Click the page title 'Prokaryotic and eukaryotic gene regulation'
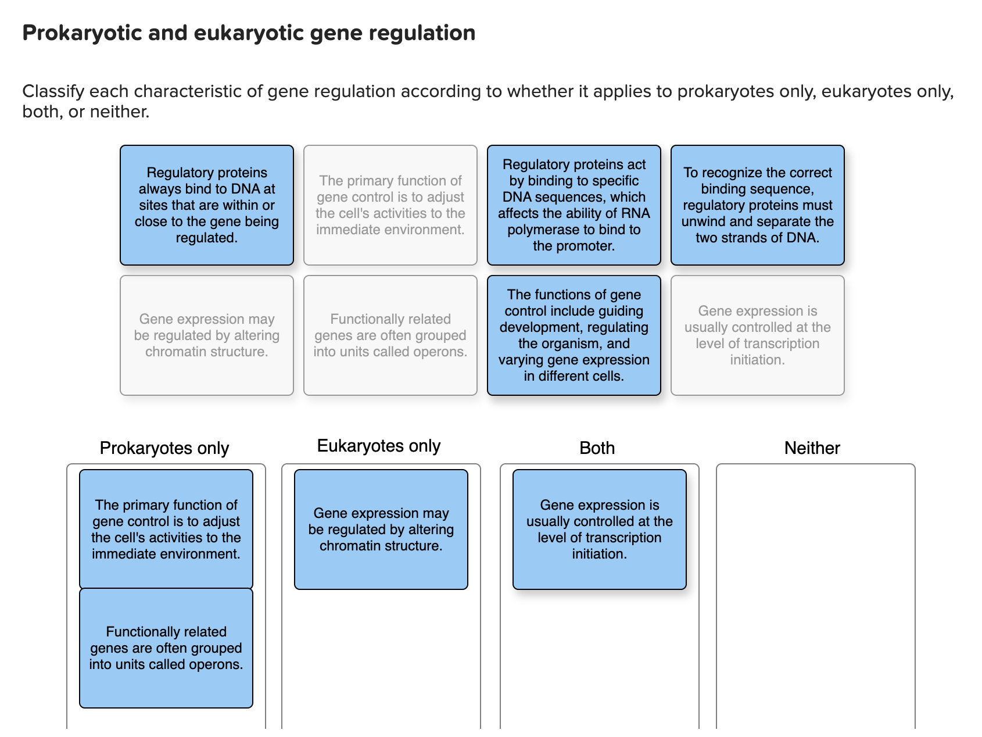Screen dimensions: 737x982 click(249, 33)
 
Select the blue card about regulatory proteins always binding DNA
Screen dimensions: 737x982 click(207, 205)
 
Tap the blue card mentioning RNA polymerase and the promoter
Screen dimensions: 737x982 click(574, 205)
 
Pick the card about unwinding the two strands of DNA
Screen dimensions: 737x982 click(757, 205)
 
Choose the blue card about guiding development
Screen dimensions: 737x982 click(574, 335)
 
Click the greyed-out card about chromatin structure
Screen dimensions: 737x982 click(207, 335)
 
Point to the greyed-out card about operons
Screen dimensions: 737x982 click(390, 335)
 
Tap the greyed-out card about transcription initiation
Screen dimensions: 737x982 click(757, 335)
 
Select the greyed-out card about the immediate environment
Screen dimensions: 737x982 click(390, 205)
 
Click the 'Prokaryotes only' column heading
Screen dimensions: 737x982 click(164, 448)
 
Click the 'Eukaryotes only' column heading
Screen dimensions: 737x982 click(379, 446)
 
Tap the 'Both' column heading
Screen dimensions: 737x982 click(597, 448)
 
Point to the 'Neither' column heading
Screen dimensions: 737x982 click(812, 448)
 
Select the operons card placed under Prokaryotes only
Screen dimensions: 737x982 click(166, 648)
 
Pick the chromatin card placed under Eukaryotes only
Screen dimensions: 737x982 click(381, 530)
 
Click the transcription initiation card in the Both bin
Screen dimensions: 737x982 click(599, 530)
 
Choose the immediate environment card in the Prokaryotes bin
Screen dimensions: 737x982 click(166, 530)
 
